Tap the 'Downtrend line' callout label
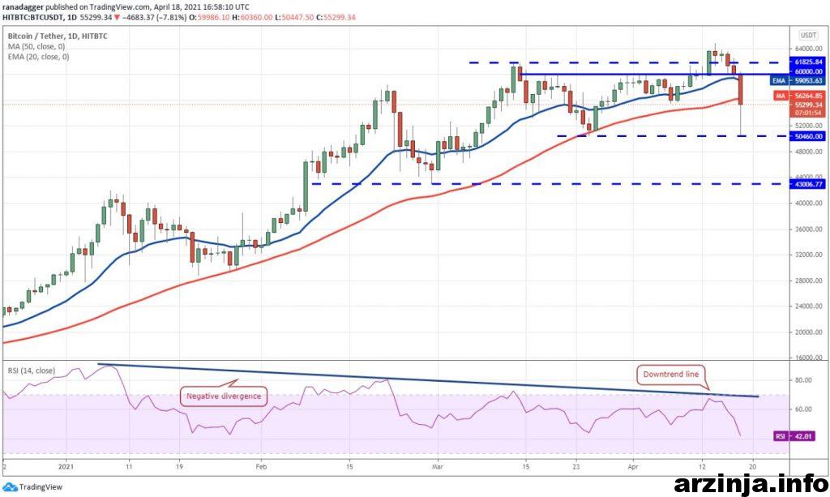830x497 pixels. [x=670, y=375]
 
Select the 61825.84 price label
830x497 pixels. [x=809, y=62]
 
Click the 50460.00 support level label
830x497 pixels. [x=809, y=136]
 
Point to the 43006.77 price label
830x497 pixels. [x=809, y=184]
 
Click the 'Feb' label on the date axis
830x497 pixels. [x=262, y=467]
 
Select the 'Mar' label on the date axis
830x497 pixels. [x=437, y=467]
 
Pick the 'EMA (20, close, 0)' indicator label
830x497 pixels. [x=38, y=57]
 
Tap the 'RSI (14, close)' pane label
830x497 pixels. [x=31, y=371]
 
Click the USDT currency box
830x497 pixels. [x=808, y=35]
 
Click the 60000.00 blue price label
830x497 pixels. [x=809, y=71]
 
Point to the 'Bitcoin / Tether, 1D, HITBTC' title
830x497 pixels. [x=58, y=36]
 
